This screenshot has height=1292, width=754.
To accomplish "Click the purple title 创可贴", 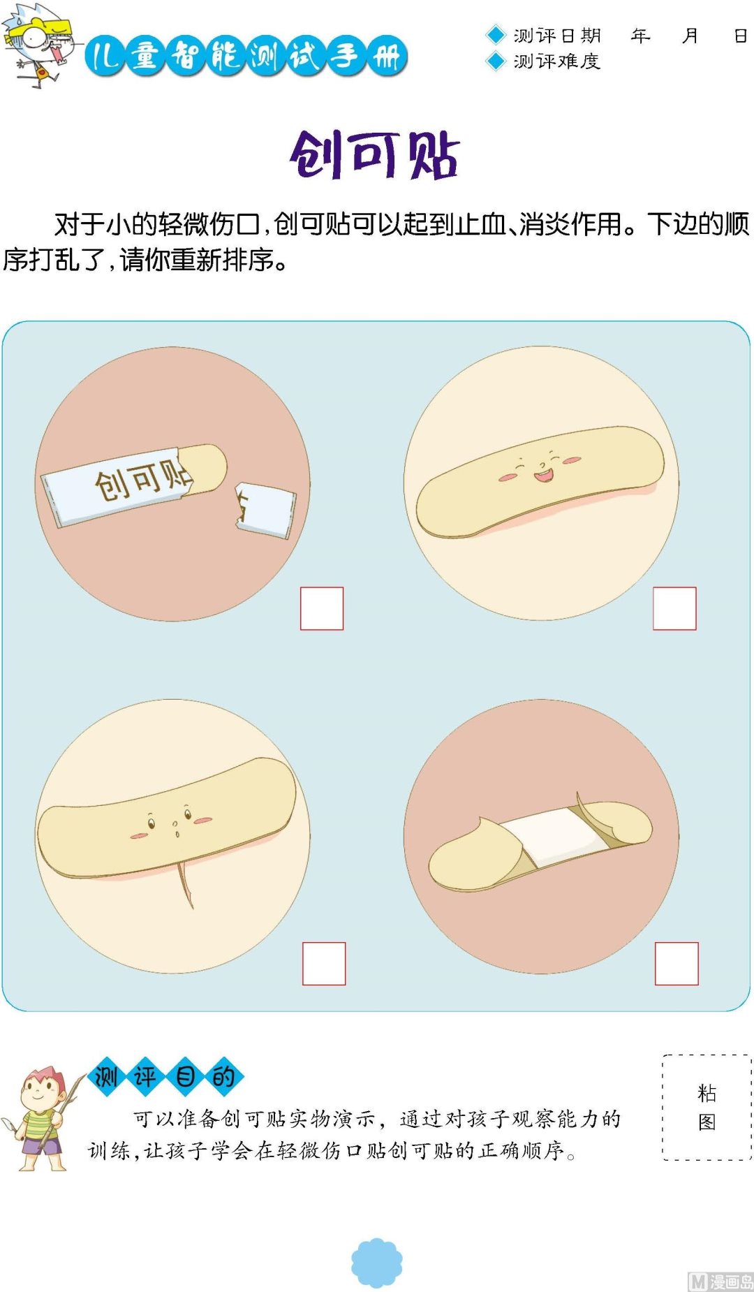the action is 375,154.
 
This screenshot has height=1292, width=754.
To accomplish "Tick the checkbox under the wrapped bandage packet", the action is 322,608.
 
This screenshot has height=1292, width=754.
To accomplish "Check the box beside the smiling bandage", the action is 674,608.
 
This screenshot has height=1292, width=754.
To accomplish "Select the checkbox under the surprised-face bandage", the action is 324,964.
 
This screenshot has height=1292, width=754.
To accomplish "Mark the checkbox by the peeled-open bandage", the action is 677,964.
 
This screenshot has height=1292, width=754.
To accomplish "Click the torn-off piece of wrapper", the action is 265,509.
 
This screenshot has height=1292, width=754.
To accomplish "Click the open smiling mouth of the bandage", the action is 543,476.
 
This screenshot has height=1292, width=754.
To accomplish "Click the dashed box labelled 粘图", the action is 707,1107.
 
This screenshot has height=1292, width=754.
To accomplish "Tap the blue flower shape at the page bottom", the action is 377,1263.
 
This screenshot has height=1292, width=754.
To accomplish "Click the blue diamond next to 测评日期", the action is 495,35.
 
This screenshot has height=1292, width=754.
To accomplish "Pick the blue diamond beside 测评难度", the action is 495,61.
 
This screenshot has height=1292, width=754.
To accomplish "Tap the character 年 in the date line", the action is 640,36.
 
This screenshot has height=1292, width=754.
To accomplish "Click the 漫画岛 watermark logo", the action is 720,1281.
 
